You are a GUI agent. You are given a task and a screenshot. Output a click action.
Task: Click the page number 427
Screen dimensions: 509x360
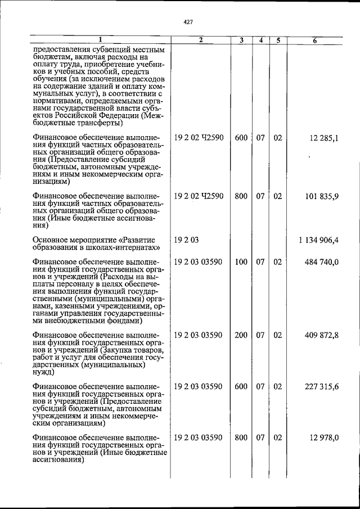point(188,22)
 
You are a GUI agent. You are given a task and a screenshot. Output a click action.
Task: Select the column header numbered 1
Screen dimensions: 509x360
point(101,40)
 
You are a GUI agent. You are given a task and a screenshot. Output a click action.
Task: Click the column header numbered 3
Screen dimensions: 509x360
point(241,40)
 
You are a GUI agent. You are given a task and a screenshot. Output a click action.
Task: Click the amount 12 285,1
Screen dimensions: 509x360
point(323,138)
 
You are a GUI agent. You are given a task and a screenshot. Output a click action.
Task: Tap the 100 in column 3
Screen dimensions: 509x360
point(241,262)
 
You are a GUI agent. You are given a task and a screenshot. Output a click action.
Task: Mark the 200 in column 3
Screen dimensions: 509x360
point(241,335)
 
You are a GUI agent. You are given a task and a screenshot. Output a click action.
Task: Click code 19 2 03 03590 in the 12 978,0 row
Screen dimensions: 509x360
point(199,438)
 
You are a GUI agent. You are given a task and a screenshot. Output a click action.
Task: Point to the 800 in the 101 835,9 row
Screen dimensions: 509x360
point(241,196)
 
